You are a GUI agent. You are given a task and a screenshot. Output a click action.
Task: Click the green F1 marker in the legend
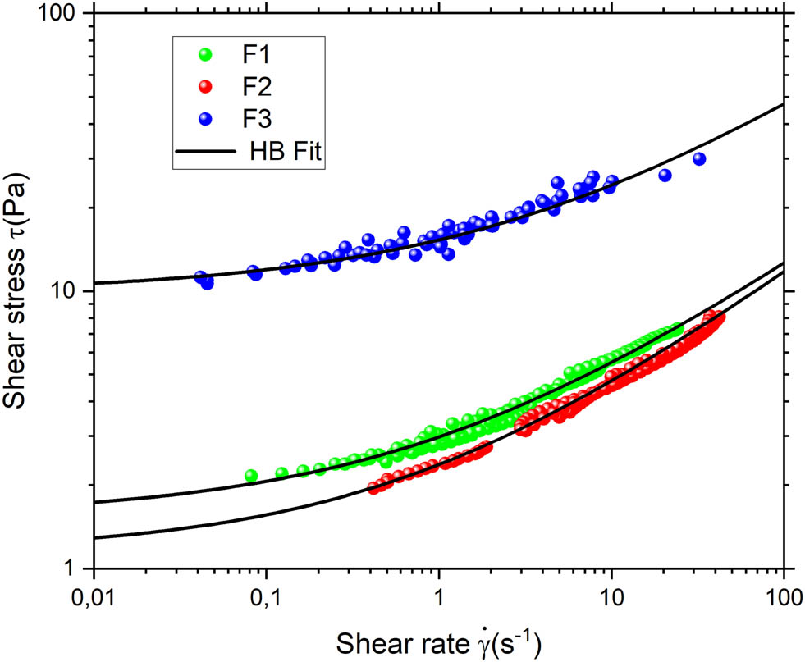tap(205, 55)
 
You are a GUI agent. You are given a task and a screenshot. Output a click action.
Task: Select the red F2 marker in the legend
tap(205, 86)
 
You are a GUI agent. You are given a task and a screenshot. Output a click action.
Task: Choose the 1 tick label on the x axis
tap(439, 596)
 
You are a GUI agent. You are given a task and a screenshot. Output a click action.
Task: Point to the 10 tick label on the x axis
tap(611, 596)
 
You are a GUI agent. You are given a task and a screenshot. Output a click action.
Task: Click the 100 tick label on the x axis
tap(784, 596)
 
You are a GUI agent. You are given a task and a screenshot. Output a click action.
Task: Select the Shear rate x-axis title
tap(438, 638)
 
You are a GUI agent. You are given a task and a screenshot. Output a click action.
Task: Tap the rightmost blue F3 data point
tap(699, 159)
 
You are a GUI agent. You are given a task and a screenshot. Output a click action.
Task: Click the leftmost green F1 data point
tap(251, 476)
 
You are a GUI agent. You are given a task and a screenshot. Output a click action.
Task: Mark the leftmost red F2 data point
tap(373, 488)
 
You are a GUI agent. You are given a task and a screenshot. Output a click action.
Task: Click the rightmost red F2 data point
tap(720, 317)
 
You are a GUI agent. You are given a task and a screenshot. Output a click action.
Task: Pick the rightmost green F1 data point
tap(678, 329)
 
